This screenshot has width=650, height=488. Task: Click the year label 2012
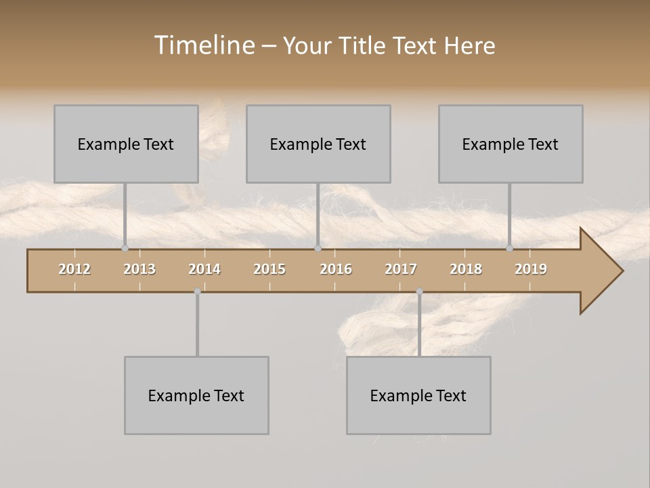point(74,269)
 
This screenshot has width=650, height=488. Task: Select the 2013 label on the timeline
point(139,269)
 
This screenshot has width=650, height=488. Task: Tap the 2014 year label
point(204,269)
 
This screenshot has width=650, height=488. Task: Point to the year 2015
point(269,269)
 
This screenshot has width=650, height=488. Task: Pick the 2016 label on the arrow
point(336,269)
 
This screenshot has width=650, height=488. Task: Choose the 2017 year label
point(401,269)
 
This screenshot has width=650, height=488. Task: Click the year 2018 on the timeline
point(466,269)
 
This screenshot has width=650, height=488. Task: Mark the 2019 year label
point(531,269)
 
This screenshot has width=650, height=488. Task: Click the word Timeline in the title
point(203,45)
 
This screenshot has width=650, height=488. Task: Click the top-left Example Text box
point(126,144)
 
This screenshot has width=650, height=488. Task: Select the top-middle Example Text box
point(318,144)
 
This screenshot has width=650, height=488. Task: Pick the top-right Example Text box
point(511,144)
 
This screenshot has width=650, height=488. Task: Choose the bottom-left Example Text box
point(196,395)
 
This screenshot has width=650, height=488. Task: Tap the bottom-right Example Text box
point(418,395)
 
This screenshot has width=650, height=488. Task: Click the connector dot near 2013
point(125,248)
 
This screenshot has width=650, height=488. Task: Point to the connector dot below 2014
point(197,291)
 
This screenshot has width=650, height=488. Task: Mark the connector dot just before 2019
point(510,248)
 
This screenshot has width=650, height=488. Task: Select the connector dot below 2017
point(419,291)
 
